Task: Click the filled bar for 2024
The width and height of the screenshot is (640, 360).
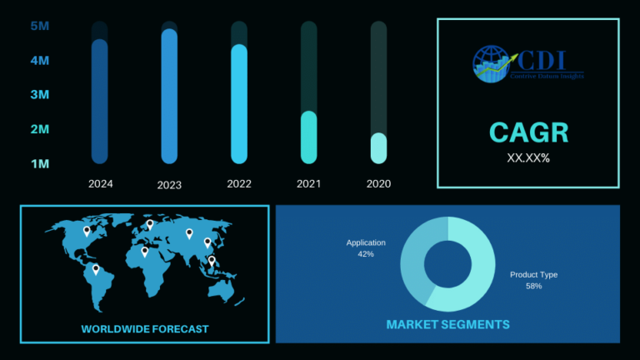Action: [99, 101]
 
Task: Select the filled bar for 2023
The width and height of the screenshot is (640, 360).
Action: [169, 96]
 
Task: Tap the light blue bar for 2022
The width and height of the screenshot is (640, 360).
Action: [239, 103]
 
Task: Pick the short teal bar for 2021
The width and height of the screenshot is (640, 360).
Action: [309, 137]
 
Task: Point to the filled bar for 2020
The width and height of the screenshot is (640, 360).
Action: [378, 147]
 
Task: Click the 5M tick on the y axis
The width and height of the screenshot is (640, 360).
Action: [40, 26]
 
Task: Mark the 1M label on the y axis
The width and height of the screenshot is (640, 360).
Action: [40, 163]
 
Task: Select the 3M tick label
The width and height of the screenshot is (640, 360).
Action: [40, 94]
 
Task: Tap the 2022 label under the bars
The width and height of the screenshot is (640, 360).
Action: [239, 183]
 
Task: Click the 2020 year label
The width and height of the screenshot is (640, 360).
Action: [378, 183]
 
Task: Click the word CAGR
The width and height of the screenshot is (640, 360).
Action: [528, 132]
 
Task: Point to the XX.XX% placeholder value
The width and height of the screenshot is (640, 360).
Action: [528, 157]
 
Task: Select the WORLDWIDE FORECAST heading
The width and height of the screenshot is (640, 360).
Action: [145, 329]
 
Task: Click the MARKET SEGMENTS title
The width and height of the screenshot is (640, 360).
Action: [447, 324]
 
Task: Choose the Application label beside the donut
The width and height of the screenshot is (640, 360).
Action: [367, 242]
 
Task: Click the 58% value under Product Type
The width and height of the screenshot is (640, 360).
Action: [533, 286]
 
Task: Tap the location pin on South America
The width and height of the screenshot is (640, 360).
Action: [96, 269]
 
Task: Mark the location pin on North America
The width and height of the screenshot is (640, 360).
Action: [86, 231]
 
